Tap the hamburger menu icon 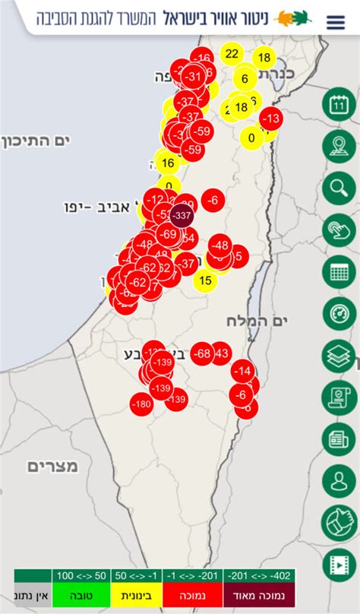click(x=335, y=22)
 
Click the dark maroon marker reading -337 click(x=182, y=216)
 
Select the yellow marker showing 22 click(x=232, y=54)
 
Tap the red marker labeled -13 click(x=270, y=119)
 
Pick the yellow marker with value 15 click(x=204, y=281)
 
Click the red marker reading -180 click(x=141, y=404)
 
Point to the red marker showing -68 click(x=201, y=353)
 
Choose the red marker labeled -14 click(x=243, y=371)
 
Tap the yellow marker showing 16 click(x=168, y=162)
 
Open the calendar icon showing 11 click(x=339, y=105)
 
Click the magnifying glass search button click(x=339, y=188)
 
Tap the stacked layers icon click(x=339, y=355)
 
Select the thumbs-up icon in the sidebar click(x=339, y=522)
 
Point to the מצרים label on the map click(x=53, y=466)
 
